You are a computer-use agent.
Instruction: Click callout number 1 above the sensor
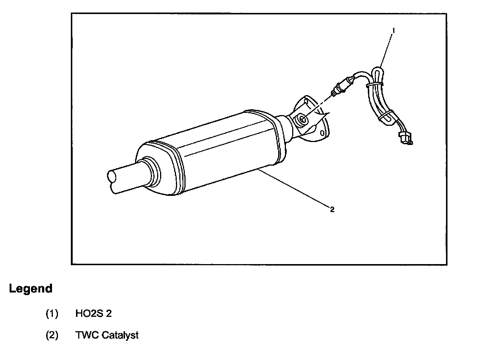(393, 31)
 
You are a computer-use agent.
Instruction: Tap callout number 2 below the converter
(332, 210)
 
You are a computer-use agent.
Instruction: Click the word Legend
(31, 288)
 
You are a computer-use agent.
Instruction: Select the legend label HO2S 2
(93, 314)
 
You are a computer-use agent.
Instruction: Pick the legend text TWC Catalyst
(107, 335)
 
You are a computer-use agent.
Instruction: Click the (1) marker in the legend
(52, 314)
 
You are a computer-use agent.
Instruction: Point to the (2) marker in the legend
(52, 335)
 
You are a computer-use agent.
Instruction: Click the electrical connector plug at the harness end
(405, 139)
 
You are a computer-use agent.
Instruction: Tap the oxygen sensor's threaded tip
(334, 94)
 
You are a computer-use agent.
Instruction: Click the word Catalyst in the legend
(120, 335)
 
